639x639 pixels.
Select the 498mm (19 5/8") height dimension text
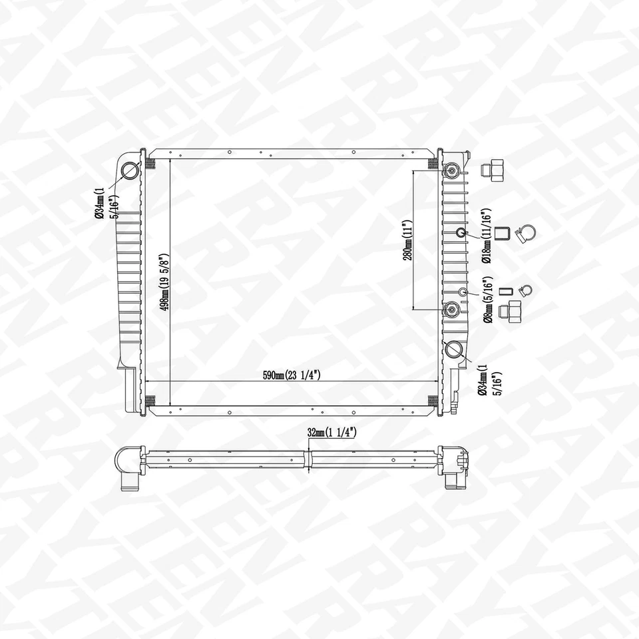pos(164,281)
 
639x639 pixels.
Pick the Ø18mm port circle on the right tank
pos(461,232)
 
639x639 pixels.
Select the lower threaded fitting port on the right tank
pos(453,309)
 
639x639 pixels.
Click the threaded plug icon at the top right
pos(494,170)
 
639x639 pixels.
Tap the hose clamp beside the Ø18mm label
pos(528,233)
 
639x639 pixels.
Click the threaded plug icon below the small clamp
pos(514,310)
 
